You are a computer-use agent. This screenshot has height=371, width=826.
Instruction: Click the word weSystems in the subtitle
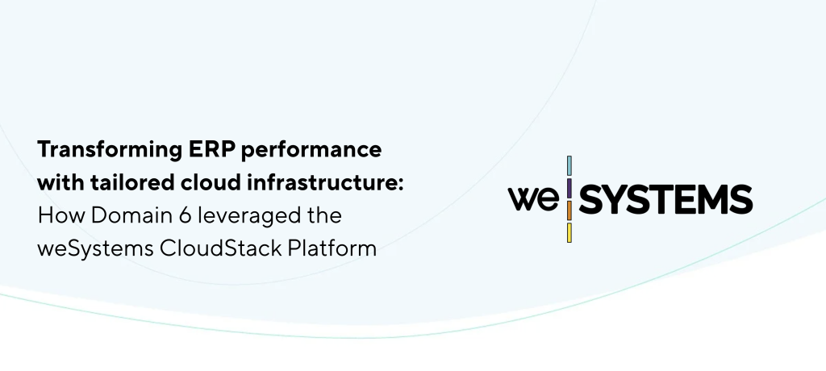pyautogui.click(x=95, y=248)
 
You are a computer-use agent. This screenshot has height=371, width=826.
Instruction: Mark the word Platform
pyautogui.click(x=332, y=248)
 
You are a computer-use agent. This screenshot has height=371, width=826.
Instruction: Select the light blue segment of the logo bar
pyautogui.click(x=569, y=166)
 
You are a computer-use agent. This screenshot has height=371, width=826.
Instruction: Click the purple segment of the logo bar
pyautogui.click(x=569, y=188)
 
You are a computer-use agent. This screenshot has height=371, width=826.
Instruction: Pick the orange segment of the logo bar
pyautogui.click(x=569, y=211)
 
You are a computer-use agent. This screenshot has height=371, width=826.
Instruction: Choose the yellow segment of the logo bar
pyautogui.click(x=569, y=232)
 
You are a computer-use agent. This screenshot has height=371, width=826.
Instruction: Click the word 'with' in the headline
pyautogui.click(x=60, y=183)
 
